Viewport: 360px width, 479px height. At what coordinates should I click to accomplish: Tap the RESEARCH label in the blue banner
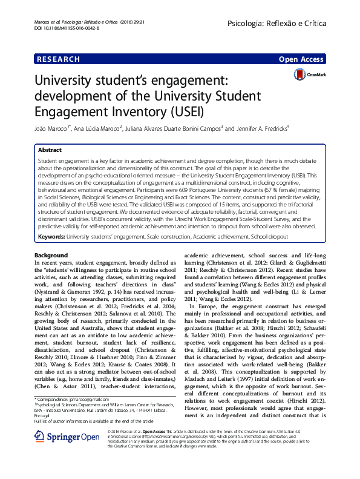click(x=58, y=59)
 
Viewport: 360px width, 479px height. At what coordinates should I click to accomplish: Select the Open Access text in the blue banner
click(x=302, y=59)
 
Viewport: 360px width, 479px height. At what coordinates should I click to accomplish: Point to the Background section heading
click(x=51, y=255)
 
